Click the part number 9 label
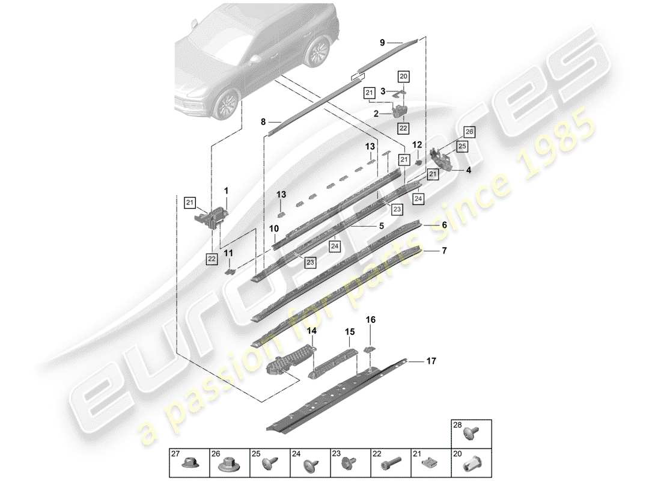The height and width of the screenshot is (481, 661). tap(382, 42)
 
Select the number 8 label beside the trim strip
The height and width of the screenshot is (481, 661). tap(263, 122)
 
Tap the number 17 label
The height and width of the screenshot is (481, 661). tap(431, 361)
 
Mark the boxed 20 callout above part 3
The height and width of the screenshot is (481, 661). tap(403, 76)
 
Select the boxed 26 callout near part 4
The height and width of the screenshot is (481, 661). tap(469, 132)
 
